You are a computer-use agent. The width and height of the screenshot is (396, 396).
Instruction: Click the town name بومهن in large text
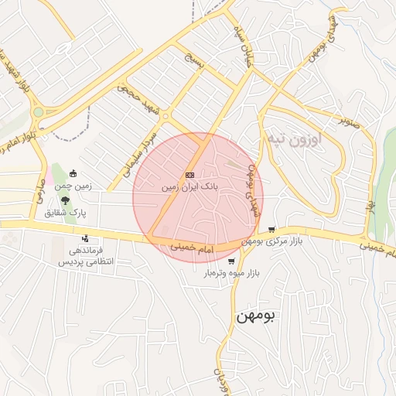tap(255, 316)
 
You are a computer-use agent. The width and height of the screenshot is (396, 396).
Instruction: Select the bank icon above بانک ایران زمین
tap(189, 175)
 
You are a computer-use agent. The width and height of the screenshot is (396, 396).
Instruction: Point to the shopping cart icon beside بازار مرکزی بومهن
tap(271, 230)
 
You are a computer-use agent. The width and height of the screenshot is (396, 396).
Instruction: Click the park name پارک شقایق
tap(65, 211)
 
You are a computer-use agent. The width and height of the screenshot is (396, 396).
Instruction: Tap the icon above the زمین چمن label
tap(73, 173)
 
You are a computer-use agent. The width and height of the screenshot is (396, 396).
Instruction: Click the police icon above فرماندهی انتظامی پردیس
tap(84, 237)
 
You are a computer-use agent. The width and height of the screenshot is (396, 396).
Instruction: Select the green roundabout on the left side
tap(37, 113)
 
